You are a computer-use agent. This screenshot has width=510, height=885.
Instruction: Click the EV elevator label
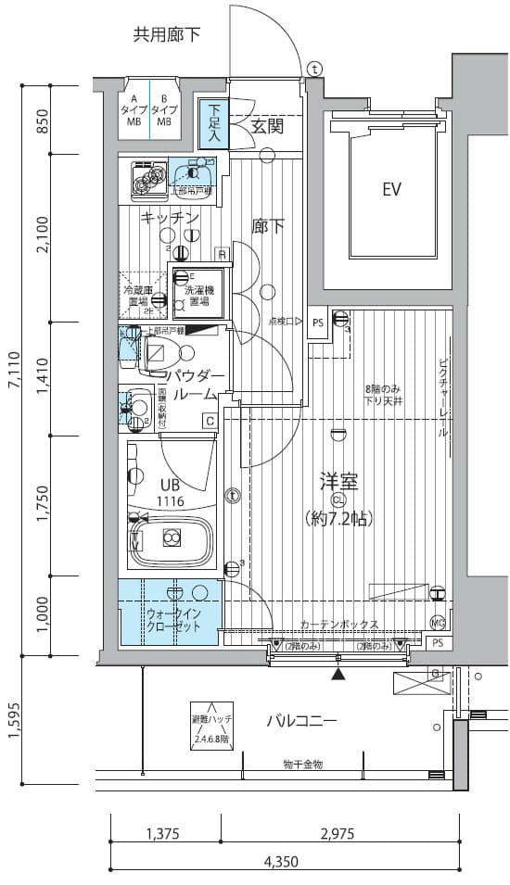click(x=391, y=190)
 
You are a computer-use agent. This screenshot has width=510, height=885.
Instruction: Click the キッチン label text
click(x=170, y=218)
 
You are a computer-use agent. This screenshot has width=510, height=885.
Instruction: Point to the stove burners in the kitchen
click(x=148, y=178)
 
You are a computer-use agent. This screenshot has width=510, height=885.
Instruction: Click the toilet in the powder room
click(x=168, y=353)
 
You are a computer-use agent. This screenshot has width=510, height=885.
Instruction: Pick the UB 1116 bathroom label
click(x=170, y=492)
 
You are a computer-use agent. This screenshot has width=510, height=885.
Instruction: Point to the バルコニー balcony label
click(x=301, y=721)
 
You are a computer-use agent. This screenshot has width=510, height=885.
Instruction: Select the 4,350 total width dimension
click(x=280, y=861)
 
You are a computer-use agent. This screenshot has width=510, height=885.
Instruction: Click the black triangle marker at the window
click(x=338, y=673)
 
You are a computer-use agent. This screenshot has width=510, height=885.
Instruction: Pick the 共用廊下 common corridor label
click(x=167, y=36)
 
